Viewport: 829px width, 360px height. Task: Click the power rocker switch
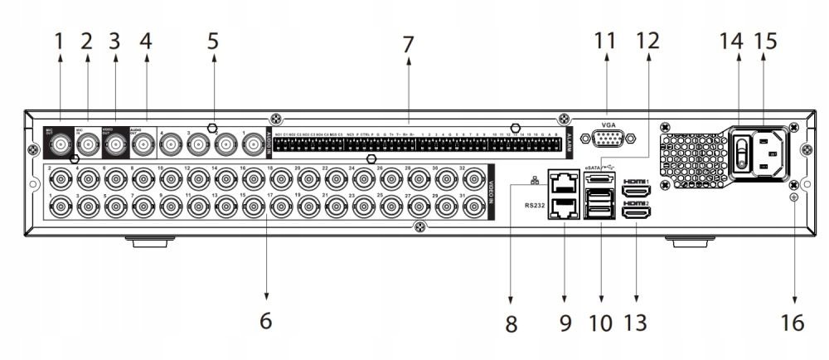742,153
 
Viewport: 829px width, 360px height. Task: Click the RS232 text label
536,202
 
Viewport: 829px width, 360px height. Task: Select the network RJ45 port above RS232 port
565,179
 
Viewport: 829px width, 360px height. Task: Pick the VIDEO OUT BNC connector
114,147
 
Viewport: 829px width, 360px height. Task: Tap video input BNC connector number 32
473,177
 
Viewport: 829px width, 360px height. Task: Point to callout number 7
407,45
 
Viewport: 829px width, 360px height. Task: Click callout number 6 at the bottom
265,319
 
